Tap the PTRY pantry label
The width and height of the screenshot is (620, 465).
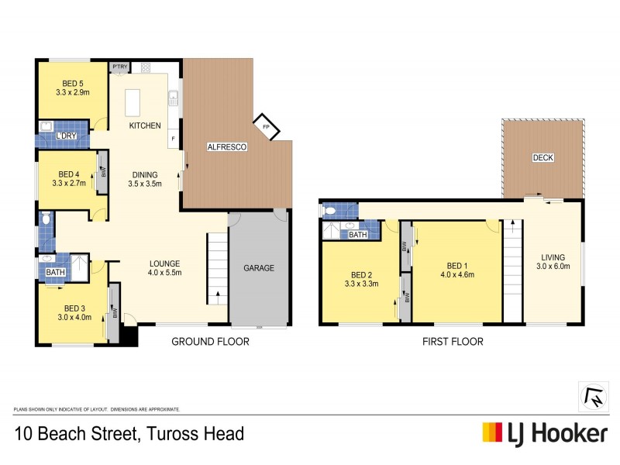coord(119,67)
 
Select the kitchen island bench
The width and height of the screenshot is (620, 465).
coord(133,100)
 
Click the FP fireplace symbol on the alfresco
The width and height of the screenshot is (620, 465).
coord(266,127)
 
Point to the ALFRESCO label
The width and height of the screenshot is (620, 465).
coord(226,146)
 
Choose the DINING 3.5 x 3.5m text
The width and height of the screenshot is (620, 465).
coord(144,179)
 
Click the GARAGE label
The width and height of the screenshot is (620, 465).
coord(259,268)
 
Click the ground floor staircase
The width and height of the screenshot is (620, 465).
coord(217,271)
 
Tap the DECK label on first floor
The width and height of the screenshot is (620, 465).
coord(542,157)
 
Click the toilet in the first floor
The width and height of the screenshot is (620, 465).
coord(330,211)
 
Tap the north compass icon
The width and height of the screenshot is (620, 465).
coord(593,396)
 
